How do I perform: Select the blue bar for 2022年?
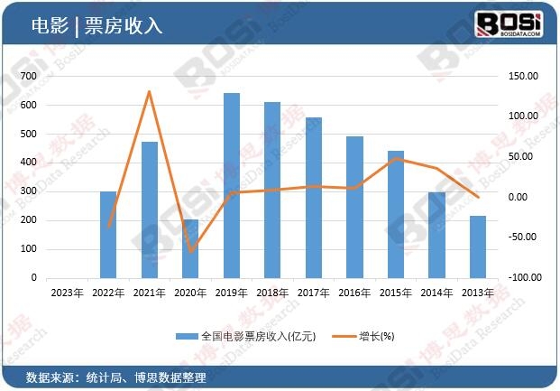coord(108,235)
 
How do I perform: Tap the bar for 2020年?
coord(190,248)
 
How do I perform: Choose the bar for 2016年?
coord(354,207)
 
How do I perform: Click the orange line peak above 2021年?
coord(150,91)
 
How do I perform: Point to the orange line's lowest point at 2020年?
coord(190,251)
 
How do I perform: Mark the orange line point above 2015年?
coord(396,159)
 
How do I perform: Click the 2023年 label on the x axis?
coord(67,292)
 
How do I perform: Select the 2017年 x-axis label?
coord(314,292)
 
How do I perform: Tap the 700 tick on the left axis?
coord(31,77)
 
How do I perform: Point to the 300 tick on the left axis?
coord(31,191)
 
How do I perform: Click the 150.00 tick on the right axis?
coord(524,77)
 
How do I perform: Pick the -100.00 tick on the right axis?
coord(522,277)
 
